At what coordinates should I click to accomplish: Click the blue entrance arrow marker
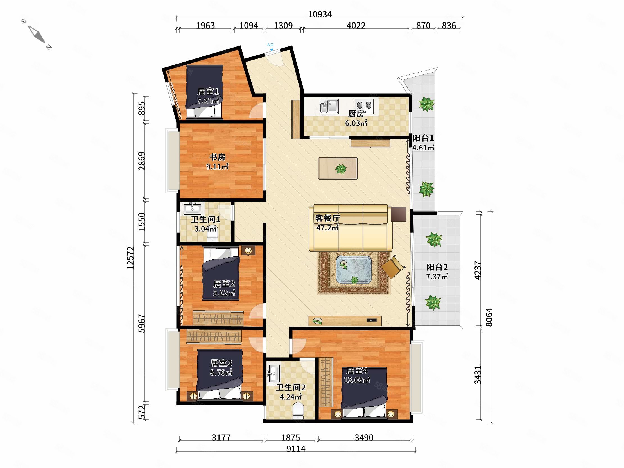271,50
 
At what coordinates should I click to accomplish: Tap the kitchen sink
329,106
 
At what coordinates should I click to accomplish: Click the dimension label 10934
320,14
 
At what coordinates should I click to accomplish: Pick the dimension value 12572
130,258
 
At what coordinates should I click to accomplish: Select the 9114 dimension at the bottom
296,449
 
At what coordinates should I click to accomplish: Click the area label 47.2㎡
327,228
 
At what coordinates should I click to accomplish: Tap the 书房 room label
217,157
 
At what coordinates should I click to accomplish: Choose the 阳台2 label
437,267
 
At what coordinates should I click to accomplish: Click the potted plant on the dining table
341,169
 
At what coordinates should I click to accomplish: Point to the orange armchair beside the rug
393,267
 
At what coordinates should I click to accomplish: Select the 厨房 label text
356,114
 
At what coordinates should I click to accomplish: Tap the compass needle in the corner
37,34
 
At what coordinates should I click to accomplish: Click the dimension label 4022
356,26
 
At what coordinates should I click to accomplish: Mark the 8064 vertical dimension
489,317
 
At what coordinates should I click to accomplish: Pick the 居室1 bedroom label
208,91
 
